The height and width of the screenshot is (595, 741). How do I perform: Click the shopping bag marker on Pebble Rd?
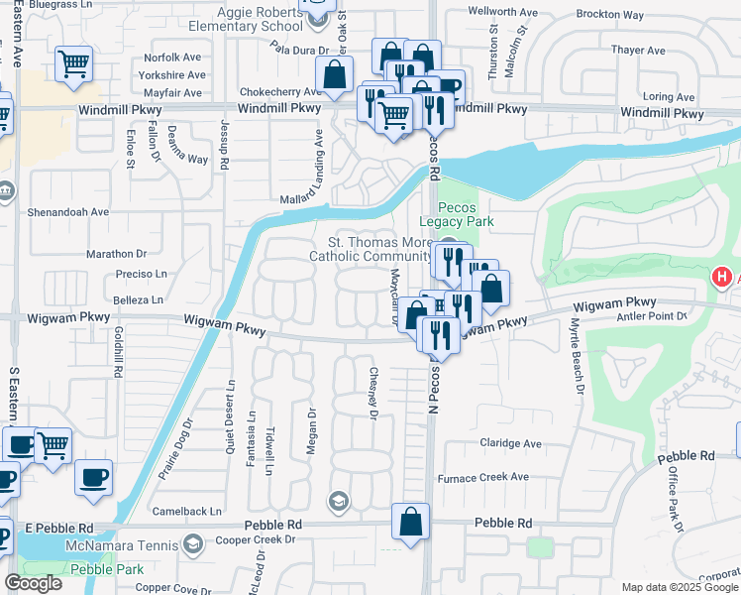point(410,523)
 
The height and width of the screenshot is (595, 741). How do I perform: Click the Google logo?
point(33,583)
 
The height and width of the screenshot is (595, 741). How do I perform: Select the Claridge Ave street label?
point(510,443)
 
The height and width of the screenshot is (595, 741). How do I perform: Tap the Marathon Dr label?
point(116,254)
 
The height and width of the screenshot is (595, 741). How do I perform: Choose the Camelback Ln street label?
point(188,512)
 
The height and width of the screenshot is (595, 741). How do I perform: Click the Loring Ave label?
point(669,97)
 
